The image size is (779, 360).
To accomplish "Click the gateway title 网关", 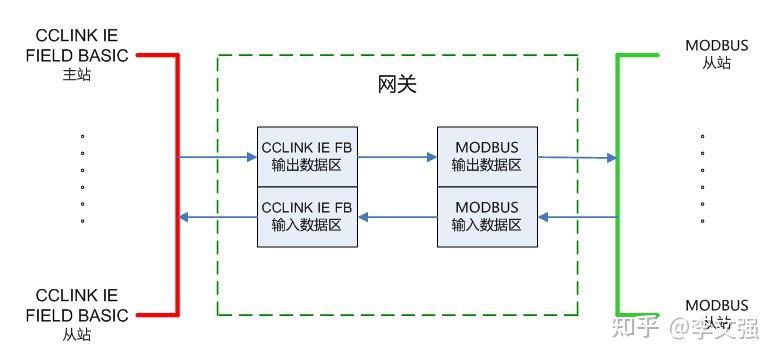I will (397, 85).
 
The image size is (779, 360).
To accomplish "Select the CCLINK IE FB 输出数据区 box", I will (307, 157).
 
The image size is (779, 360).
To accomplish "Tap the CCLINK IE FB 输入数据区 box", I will (307, 217).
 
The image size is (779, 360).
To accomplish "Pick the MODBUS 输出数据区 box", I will (487, 157).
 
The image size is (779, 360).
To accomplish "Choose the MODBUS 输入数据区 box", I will (487, 217).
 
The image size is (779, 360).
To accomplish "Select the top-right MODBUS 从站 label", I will (716, 55).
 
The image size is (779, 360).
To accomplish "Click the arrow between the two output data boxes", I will (397, 157).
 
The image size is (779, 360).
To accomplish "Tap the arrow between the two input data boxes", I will (397, 217).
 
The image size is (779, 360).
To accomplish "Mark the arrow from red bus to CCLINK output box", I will (217, 157).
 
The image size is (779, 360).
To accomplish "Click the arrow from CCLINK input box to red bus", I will (217, 217).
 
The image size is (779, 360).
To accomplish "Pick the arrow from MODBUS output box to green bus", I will (577, 157).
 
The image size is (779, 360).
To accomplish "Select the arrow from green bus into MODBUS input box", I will (577, 217).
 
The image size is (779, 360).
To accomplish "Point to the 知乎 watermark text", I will (638, 326).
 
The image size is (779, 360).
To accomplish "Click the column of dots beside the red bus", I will (82, 178).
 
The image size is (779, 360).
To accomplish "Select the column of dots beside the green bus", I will (703, 178).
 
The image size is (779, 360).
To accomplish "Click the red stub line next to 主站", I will (157, 55).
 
